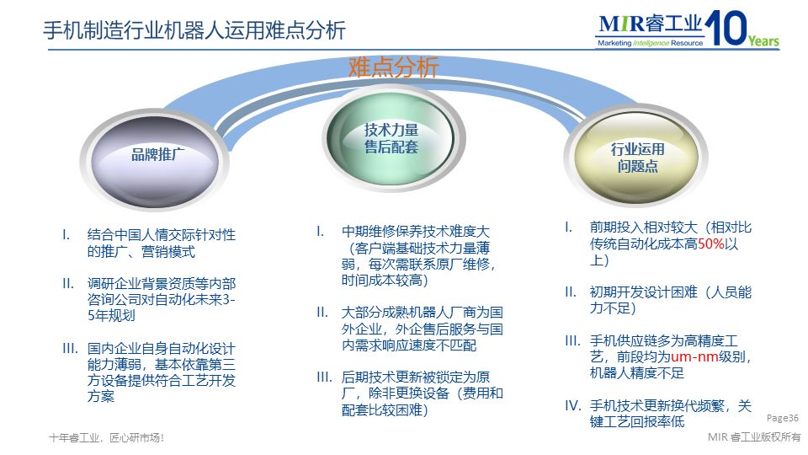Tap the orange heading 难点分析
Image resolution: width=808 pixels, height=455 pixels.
394,67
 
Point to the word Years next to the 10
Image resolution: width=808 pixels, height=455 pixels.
763,41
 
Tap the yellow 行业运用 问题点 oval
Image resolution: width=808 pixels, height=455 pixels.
637,158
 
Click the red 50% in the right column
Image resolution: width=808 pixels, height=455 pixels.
710,244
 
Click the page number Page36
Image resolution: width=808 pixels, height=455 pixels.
782,418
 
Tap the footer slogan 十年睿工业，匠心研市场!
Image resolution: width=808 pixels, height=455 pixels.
106,437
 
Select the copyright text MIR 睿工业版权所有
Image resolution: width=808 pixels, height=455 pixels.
754,437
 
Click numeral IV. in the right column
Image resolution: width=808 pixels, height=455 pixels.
572,405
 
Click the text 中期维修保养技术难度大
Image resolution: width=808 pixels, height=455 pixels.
416,232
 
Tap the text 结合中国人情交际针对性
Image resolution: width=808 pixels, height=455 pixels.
161,234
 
